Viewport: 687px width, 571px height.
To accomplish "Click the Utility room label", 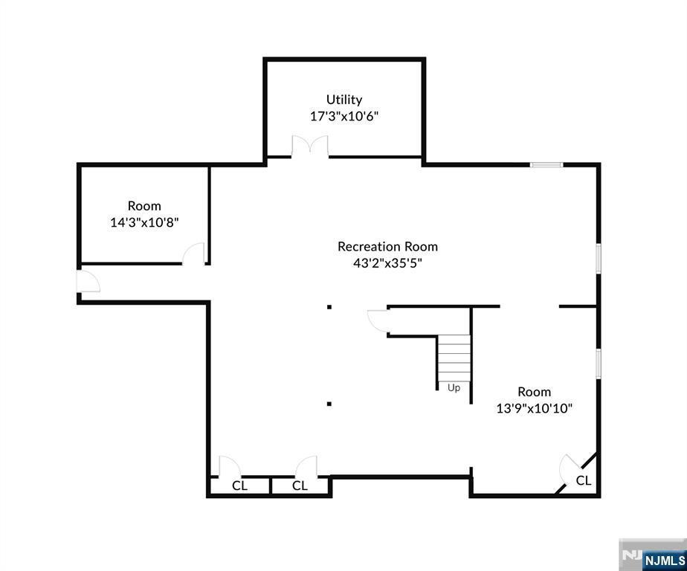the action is [x=344, y=100].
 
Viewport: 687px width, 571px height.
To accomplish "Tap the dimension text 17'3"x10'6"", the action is [x=344, y=117].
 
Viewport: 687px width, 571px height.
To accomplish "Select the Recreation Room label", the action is [x=387, y=246].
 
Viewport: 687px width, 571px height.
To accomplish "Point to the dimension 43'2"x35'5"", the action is [x=387, y=263].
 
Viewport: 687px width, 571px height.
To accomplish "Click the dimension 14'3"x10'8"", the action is [x=144, y=222].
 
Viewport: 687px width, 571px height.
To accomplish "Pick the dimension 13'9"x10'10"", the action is [x=534, y=408].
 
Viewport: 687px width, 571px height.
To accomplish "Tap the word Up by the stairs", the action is [x=454, y=388].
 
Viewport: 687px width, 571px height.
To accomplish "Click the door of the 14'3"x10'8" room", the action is [x=193, y=254].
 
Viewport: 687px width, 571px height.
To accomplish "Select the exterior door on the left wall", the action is [x=88, y=281].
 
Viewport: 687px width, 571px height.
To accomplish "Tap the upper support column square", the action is [x=329, y=307].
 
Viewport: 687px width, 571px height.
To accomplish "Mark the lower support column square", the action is [x=329, y=404].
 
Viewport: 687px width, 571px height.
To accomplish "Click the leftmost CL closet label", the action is [x=239, y=485].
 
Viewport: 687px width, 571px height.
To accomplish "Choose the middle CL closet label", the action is [x=300, y=485].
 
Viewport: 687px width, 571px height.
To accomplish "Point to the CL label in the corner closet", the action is [x=583, y=481].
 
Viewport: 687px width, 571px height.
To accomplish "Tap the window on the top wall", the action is [x=546, y=165].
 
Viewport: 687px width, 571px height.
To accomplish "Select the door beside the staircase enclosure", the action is [x=378, y=321].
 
